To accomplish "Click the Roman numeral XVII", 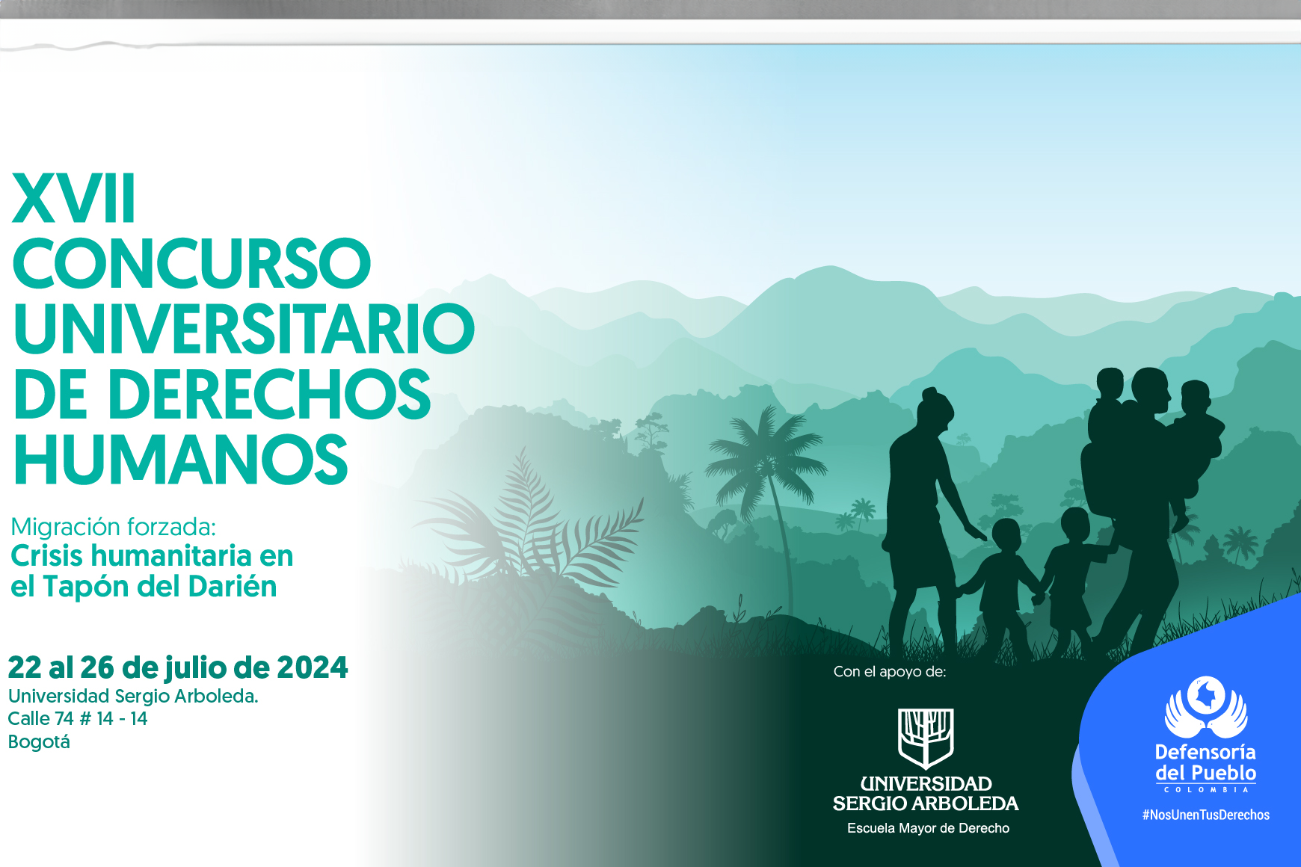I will pos(73,199).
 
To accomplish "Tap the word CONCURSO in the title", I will pos(191,264).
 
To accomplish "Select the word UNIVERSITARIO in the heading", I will pos(244,329).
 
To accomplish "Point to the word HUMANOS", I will pos(181,460).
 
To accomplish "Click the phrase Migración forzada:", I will pos(113,527).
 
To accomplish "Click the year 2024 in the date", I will pos(312,667).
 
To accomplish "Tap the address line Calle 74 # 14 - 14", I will pos(78,719).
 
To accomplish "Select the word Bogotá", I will pos(39,742).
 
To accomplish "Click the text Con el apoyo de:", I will pos(890,672).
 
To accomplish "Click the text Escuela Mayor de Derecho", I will pos(928,828).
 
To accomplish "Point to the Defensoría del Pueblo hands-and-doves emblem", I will pos(1205,706).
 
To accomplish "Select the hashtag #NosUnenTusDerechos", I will pos(1205,815).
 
